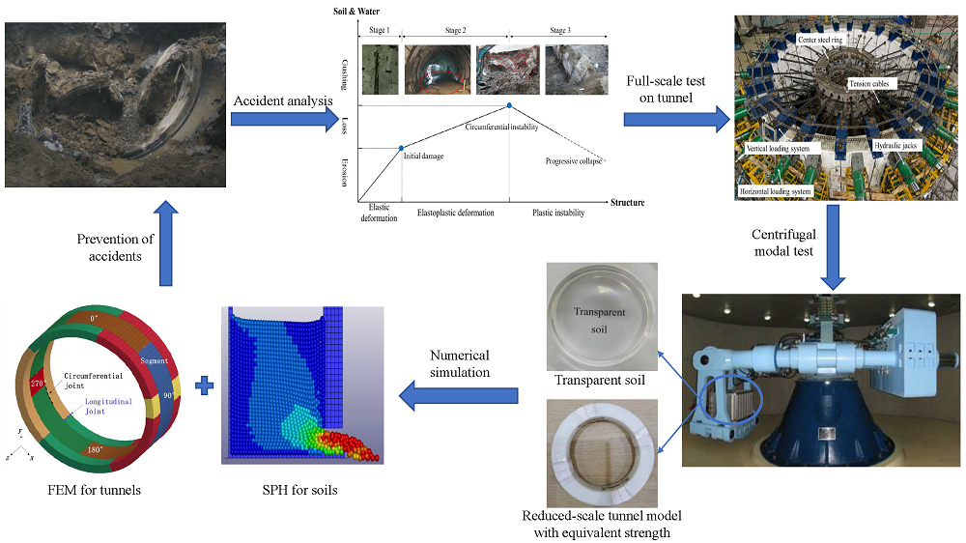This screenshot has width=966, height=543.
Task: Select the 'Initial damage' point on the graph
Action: (402, 147)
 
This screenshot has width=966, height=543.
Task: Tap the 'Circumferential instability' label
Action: (501, 127)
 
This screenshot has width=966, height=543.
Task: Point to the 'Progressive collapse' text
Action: (573, 160)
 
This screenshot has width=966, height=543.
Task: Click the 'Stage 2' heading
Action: (453, 30)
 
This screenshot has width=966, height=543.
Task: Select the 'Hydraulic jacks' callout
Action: (896, 145)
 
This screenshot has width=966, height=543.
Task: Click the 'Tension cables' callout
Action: (872, 84)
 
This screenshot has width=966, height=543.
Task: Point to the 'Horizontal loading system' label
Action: (776, 191)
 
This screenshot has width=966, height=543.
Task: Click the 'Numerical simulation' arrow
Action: (459, 393)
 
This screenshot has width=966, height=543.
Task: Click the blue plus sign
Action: (204, 386)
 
